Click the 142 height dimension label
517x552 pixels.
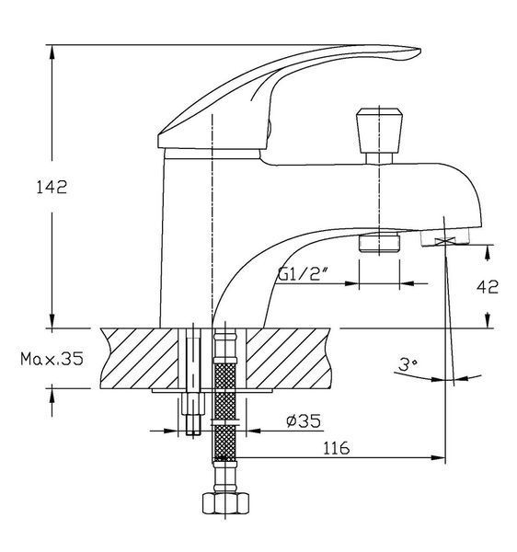coord(52,187)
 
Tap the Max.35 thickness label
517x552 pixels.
coord(52,359)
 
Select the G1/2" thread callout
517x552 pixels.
coord(300,273)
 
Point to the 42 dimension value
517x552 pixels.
coord(488,287)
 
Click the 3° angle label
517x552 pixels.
coord(408,364)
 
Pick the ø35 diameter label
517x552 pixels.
coord(304,420)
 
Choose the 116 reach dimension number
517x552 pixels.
coord(336,448)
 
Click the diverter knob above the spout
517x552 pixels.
coord(379,131)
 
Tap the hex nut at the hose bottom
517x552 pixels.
coord(225,503)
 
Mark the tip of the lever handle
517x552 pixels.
coord(420,50)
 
